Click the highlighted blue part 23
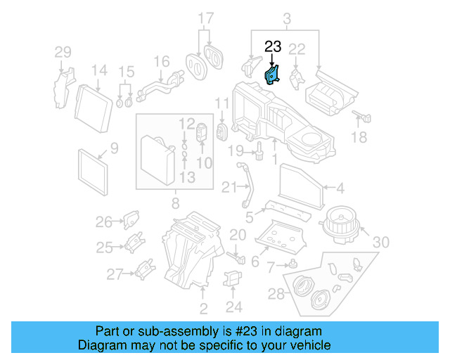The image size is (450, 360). pyautogui.click(x=271, y=75)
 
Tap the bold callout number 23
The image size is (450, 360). pyautogui.click(x=272, y=48)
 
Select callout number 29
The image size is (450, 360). pyautogui.click(x=63, y=52)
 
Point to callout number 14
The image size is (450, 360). pyautogui.click(x=98, y=70)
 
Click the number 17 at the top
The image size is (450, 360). pyautogui.click(x=205, y=18)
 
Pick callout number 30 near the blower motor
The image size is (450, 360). pyautogui.click(x=380, y=243)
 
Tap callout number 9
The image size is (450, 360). pyautogui.click(x=114, y=148)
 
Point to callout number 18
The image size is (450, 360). pyautogui.click(x=359, y=138)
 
